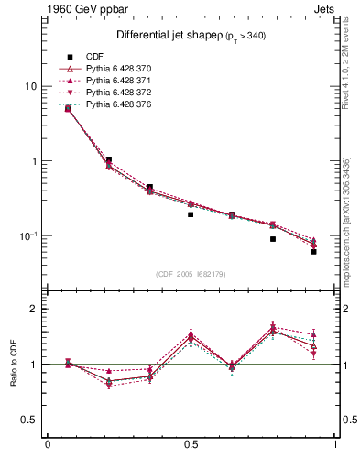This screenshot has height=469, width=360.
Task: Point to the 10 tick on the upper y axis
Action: pyautogui.click(x=30, y=86)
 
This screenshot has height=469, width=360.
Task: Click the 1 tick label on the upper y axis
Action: pyautogui.click(x=34, y=161)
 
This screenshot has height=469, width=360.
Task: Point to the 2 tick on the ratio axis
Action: pyautogui.click(x=34, y=309)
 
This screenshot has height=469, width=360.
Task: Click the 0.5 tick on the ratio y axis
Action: pyautogui.click(x=29, y=420)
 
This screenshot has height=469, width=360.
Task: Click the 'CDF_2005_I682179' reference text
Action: pyautogui.click(x=191, y=274)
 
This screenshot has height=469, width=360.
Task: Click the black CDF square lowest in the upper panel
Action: pyautogui.click(x=313, y=251)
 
